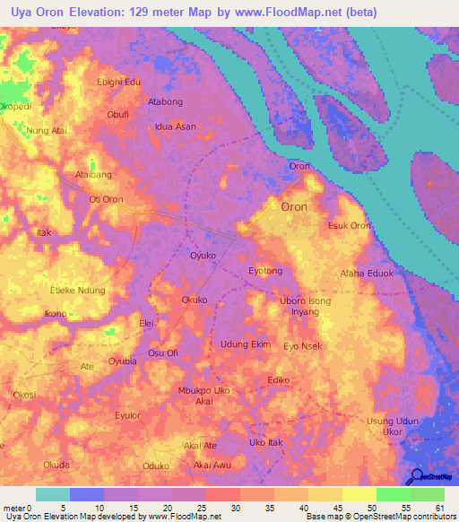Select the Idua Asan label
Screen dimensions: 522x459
click(176, 126)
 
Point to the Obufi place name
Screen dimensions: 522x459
click(118, 115)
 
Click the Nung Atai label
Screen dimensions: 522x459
click(48, 131)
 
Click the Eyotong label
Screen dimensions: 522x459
click(264, 270)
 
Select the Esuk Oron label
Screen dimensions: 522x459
click(350, 225)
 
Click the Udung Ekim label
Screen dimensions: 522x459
click(246, 344)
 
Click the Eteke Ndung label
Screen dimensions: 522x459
click(78, 291)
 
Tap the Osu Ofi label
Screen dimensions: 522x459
click(163, 353)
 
